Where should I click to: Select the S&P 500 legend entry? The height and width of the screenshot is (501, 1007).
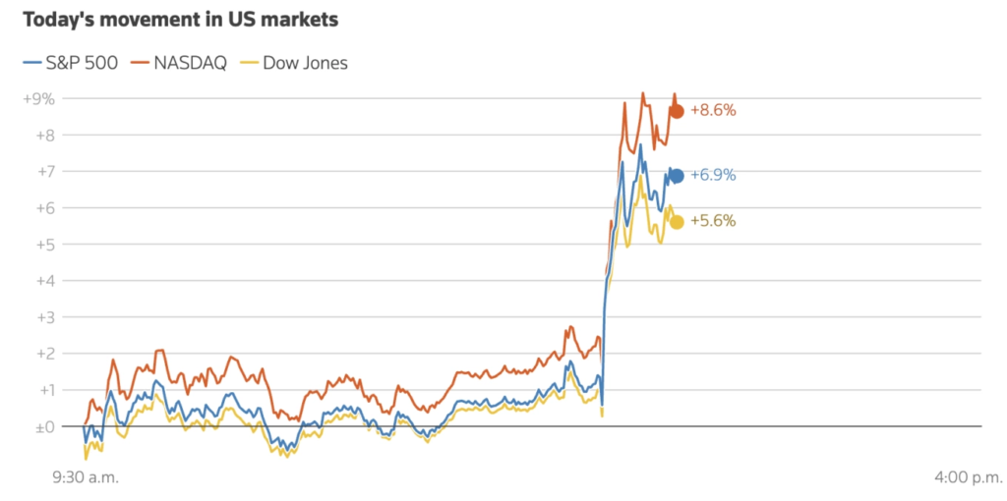[70, 64]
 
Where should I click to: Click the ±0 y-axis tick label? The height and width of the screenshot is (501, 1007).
[44, 426]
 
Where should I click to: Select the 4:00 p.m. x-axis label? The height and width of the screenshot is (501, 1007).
[969, 477]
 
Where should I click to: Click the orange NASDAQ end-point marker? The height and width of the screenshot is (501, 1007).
[677, 111]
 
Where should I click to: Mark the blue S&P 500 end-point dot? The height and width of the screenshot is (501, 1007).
[677, 176]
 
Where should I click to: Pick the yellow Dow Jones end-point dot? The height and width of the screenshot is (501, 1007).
[677, 221]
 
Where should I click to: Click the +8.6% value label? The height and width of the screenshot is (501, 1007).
[713, 111]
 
